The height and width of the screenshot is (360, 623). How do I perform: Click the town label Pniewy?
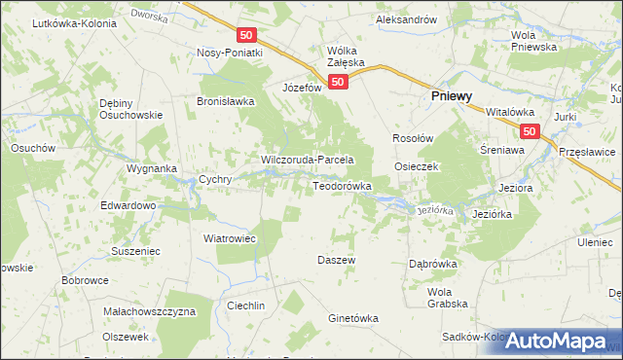[452, 97]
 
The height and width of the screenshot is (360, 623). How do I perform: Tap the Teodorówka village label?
[342, 185]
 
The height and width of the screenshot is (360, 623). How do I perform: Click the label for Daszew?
[337, 260]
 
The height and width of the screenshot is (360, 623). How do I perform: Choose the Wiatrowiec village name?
[229, 237]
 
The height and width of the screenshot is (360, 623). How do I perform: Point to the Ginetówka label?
[352, 318]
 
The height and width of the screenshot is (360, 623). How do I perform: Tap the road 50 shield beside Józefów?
[337, 83]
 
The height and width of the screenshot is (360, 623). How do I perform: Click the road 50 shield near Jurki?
[530, 130]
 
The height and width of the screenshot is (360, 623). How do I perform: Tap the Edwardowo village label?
[128, 206]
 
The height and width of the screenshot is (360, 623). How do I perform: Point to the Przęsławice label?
[588, 151]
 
